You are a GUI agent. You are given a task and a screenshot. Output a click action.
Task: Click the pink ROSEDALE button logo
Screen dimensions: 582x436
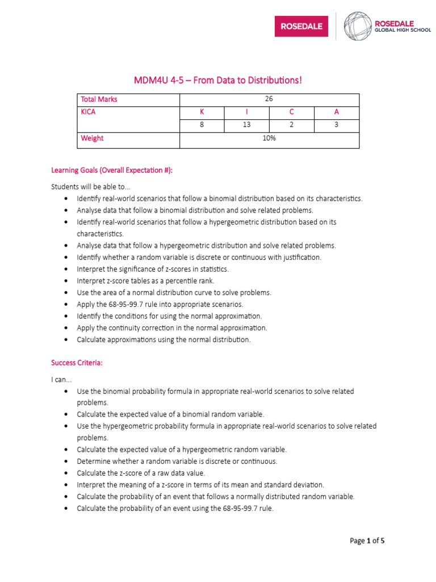(301, 26)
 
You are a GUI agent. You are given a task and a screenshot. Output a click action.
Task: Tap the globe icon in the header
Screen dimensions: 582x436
(357, 26)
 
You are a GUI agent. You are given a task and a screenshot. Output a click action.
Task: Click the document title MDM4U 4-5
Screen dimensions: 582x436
(218, 80)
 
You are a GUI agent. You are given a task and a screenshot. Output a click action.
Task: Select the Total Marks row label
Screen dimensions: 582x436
(99, 99)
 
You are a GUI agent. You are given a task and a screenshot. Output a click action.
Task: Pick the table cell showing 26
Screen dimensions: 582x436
(269, 99)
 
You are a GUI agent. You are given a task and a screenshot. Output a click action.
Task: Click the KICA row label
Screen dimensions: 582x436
(89, 112)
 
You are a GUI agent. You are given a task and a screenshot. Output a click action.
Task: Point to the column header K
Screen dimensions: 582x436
(202, 112)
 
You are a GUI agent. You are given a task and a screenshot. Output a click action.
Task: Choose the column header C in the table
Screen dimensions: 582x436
(291, 112)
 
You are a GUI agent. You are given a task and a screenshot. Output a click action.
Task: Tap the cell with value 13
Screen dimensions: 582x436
(246, 125)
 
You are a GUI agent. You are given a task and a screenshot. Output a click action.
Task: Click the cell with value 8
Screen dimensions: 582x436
(202, 125)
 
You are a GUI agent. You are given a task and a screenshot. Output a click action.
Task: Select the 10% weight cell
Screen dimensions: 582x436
(269, 138)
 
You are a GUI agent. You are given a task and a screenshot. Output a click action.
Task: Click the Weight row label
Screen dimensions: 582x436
(92, 138)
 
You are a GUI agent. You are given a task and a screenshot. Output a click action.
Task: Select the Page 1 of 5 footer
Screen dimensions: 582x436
(367, 541)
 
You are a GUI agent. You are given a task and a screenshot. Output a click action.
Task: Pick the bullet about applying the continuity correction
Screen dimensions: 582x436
(171, 328)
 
